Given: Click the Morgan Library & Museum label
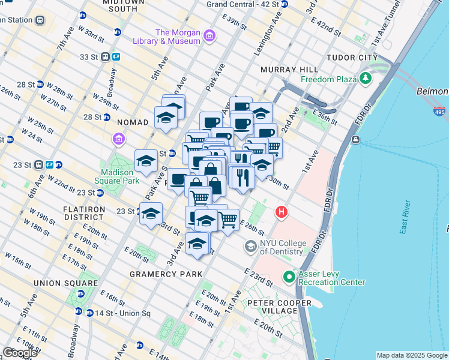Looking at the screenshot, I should point(177,37).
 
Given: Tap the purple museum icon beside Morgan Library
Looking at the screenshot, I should point(209,37).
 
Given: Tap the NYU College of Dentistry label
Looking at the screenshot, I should point(282,247).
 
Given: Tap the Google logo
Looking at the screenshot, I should point(20,353).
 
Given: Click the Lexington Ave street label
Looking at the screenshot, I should point(267,35).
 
